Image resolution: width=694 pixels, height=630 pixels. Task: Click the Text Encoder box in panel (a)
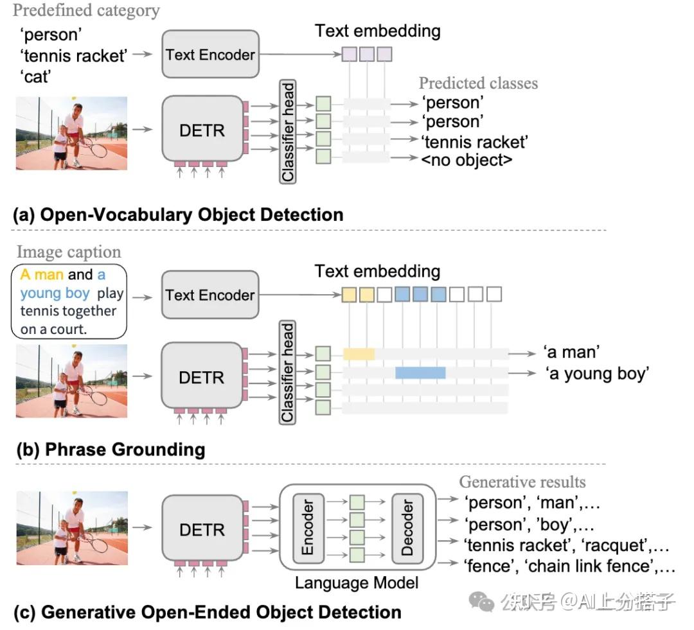(x=210, y=55)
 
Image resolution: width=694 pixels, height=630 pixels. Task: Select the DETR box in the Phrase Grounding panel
(x=201, y=378)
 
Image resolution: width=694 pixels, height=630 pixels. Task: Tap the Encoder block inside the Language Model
(x=307, y=527)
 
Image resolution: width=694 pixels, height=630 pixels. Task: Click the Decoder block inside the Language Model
(x=407, y=527)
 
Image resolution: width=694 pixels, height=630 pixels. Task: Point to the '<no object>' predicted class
(x=467, y=159)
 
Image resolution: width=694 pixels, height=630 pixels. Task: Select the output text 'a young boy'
(x=597, y=373)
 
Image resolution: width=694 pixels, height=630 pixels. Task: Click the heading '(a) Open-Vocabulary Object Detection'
(x=179, y=214)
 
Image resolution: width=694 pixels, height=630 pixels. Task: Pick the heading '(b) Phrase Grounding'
(x=111, y=449)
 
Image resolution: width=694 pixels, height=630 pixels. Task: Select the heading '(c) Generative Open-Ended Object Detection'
(x=208, y=612)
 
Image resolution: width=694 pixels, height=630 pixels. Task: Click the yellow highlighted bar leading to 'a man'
(x=359, y=353)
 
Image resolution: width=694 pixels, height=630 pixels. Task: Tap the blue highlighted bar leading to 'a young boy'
(x=420, y=372)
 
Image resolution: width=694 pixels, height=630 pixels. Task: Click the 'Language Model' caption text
(x=357, y=583)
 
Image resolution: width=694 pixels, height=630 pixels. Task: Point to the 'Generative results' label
(x=522, y=482)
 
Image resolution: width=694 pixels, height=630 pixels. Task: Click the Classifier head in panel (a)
(x=288, y=132)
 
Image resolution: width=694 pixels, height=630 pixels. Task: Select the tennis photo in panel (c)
(x=72, y=528)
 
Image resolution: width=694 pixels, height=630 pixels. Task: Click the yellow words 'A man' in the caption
(x=42, y=275)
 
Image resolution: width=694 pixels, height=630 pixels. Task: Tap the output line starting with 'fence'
(x=569, y=566)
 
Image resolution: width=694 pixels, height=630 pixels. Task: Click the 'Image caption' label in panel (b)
(x=69, y=252)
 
